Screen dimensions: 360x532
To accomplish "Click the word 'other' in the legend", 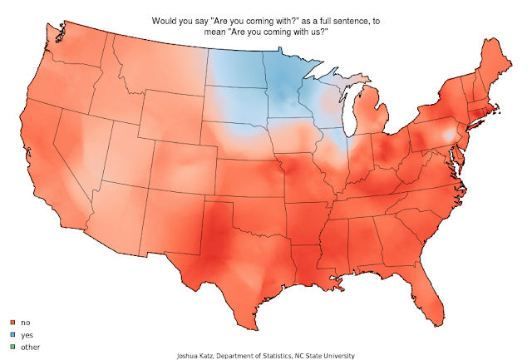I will click(30, 346).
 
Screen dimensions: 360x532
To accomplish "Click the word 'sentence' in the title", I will click(347, 18).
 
